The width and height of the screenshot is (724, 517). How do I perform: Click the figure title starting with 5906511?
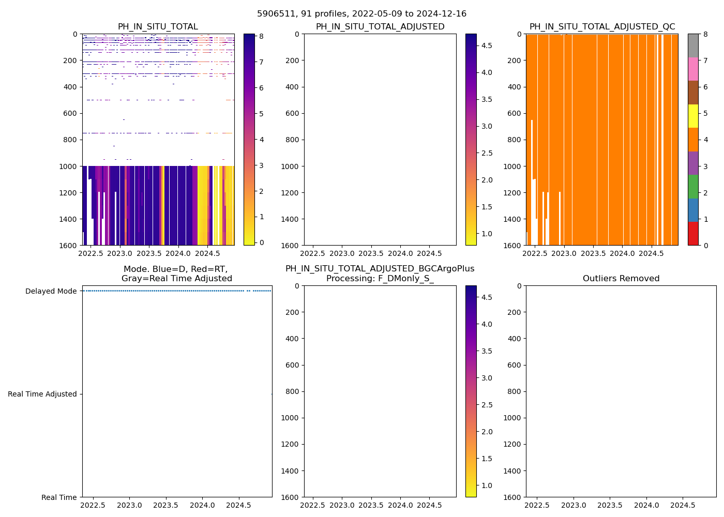click(x=361, y=14)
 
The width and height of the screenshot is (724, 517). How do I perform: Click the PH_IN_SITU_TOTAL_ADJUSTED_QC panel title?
click(x=602, y=27)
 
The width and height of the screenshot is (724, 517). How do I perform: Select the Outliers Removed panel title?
click(x=621, y=279)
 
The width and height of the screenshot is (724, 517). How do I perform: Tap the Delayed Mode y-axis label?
click(x=51, y=291)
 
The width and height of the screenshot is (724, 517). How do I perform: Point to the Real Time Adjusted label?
click(x=42, y=394)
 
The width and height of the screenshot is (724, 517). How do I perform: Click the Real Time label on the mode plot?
click(x=59, y=497)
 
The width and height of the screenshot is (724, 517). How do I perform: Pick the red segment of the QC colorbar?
click(x=693, y=233)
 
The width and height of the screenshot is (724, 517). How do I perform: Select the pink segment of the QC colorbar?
click(x=693, y=69)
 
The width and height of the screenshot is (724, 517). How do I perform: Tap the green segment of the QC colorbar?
click(x=693, y=186)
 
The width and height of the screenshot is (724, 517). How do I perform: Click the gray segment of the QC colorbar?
click(x=693, y=45)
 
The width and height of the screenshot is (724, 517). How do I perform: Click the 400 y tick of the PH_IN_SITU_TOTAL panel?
click(x=70, y=87)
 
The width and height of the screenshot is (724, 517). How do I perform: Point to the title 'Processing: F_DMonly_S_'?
click(x=380, y=279)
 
